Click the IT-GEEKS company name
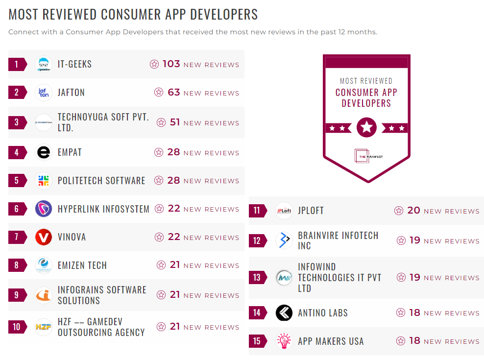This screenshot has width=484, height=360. tap(74, 64)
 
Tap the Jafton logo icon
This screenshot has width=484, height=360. tap(44, 93)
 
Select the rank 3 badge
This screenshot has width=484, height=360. tap(17, 122)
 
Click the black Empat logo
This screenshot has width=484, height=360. tap(44, 152)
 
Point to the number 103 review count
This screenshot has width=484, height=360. tap(171, 64)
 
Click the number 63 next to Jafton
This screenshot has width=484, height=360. tap(174, 93)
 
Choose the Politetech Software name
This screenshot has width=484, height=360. tap(101, 181)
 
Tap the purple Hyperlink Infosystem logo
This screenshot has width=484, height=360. tap(44, 209)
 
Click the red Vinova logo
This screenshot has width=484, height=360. tap(44, 238)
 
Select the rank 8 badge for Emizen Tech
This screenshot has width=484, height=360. tap(17, 265)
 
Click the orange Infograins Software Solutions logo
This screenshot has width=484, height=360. tap(44, 295)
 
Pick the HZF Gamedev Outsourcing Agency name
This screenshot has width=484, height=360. tap(101, 327)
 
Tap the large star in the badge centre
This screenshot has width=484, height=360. tap(366, 128)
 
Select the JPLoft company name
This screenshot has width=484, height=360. tap(311, 211)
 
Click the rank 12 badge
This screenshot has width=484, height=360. tap(257, 240)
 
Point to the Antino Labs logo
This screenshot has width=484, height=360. tap(284, 313)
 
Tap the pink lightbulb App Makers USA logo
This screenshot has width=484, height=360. tap(284, 341)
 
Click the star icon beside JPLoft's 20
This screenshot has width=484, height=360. tap(399, 211)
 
